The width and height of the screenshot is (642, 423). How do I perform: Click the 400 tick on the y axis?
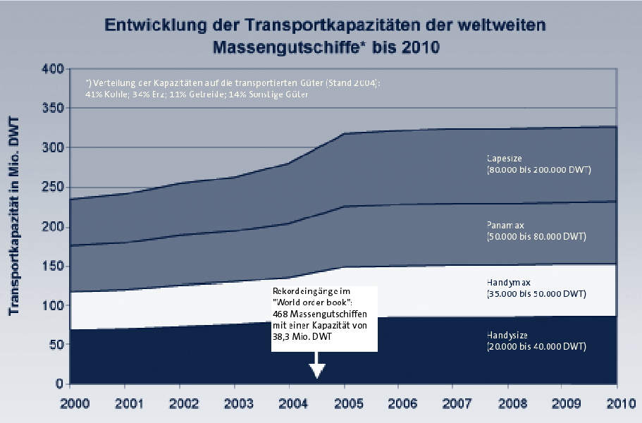tap(53, 69)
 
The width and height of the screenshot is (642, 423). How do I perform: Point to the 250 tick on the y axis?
tap(53, 188)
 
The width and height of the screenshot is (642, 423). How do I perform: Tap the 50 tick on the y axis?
tap(56, 345)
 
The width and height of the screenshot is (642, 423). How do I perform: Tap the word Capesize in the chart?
tap(505, 158)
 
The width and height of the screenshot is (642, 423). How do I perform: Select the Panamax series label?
tap(505, 224)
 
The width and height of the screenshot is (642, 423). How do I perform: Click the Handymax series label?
tap(508, 281)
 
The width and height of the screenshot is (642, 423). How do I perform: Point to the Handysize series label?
tap(508, 335)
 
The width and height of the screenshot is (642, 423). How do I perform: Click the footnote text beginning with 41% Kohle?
tap(197, 94)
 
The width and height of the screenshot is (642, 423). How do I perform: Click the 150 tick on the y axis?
tap(53, 266)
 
